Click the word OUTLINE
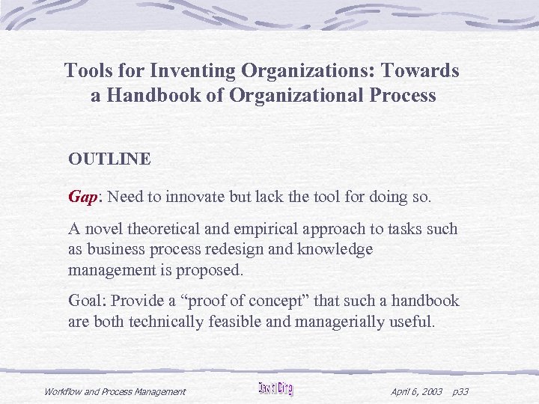tap(109, 159)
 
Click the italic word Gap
tap(82, 196)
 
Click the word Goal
tap(87, 301)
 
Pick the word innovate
tap(196, 196)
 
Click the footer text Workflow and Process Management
tap(115, 391)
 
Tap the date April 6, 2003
tap(417, 391)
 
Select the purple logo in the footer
tap(275, 389)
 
